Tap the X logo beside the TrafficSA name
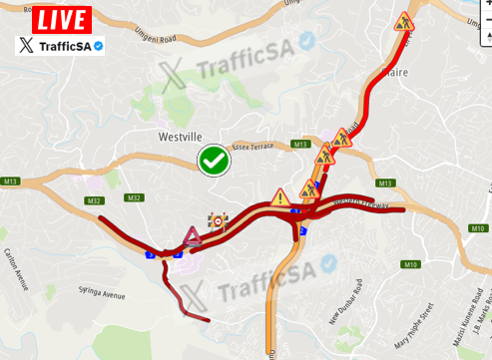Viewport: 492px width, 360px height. coord(27,45)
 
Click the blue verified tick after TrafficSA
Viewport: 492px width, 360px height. coord(99,45)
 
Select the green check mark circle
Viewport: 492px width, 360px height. coord(214,160)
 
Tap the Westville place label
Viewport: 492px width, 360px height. coord(180,138)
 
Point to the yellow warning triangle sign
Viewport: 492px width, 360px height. coord(280,196)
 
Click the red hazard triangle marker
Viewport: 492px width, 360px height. coord(193,236)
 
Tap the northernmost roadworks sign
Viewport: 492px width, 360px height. coord(403,21)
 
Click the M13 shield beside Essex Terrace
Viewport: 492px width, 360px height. coord(300,146)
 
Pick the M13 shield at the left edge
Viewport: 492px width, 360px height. coord(11,180)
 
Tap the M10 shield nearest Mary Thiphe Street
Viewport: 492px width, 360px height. coord(410,264)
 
